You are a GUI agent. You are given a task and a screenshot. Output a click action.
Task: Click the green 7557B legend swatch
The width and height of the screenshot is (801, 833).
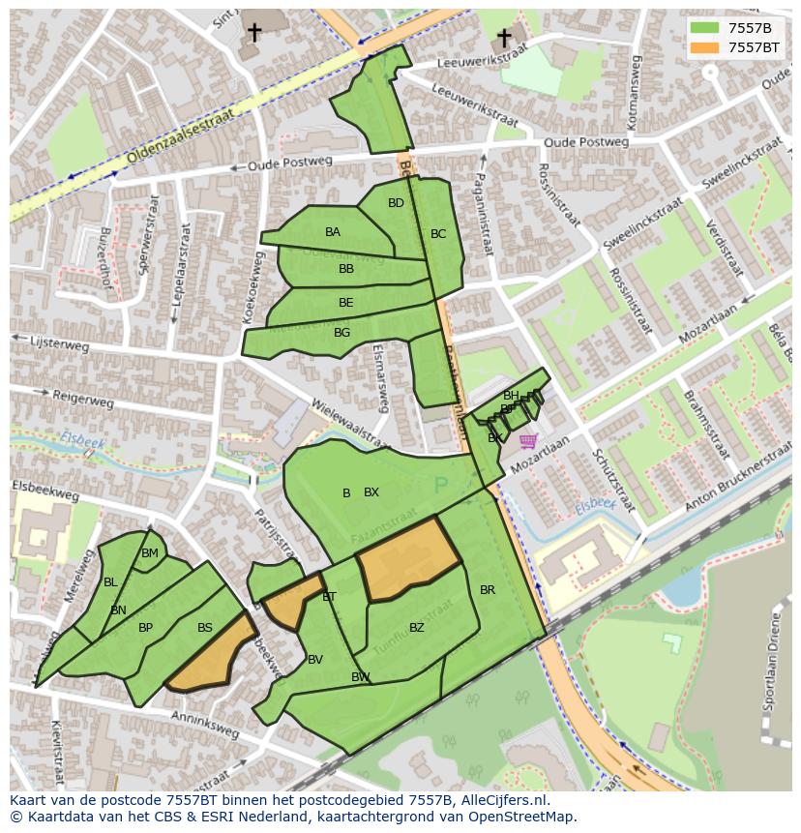pos(705,28)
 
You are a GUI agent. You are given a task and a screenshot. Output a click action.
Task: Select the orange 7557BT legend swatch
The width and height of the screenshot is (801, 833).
pos(705,46)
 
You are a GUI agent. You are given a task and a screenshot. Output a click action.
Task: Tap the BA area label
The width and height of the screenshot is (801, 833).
pos(333,232)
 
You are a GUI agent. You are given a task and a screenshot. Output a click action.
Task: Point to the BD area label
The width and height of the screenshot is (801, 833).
pos(396,203)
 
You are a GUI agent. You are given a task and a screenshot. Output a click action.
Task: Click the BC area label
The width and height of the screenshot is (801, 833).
pos(438,234)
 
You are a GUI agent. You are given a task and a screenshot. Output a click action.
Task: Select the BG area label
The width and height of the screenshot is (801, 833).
pos(341,333)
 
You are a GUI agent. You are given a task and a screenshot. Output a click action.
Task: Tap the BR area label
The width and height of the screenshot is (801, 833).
pos(488,590)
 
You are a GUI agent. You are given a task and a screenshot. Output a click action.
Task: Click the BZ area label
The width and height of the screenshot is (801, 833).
pos(417,628)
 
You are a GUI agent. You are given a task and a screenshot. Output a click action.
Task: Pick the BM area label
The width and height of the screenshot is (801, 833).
pos(150,553)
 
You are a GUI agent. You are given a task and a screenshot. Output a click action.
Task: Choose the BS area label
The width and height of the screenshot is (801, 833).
pos(205,628)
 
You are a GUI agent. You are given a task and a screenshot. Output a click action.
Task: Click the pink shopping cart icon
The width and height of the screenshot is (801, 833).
pos(527,441)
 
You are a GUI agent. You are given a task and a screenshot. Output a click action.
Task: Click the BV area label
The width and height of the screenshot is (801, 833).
pos(315,660)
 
